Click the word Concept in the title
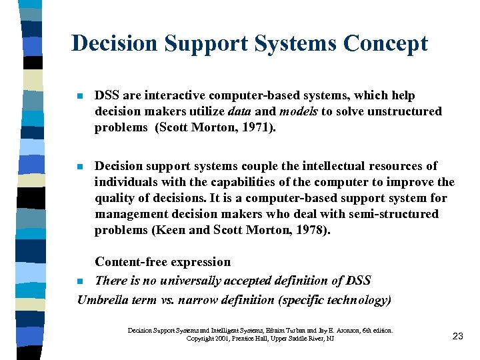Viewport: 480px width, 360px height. pyautogui.click(x=386, y=43)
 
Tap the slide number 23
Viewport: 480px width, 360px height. pyautogui.click(x=457, y=336)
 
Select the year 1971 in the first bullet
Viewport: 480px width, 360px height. pyautogui.click(x=255, y=127)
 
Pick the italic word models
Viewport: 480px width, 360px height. pyautogui.click(x=299, y=111)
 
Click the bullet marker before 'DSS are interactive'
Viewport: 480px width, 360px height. pyautogui.click(x=80, y=96)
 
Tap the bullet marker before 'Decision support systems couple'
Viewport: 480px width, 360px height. pyautogui.click(x=80, y=166)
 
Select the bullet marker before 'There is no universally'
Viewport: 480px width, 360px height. pyautogui.click(x=80, y=281)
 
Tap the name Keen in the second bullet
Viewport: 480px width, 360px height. pyautogui.click(x=168, y=230)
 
